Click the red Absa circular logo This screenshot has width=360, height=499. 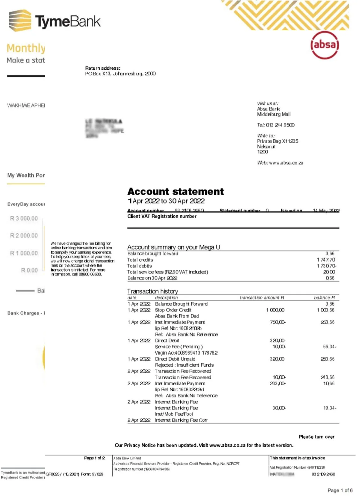(x=324, y=45)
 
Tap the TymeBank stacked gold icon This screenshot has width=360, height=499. (x=20, y=21)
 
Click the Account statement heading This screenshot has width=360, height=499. (x=176, y=191)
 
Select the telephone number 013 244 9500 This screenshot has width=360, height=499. (x=280, y=125)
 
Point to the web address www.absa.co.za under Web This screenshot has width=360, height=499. (x=286, y=163)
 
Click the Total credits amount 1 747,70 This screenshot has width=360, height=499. (x=326, y=260)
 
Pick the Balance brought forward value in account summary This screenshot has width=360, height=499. (x=330, y=254)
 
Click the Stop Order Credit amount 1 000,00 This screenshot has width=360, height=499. (x=275, y=310)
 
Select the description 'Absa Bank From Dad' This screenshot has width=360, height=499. (x=177, y=316)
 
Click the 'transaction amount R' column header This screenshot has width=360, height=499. (x=262, y=298)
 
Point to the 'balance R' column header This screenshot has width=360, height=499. (x=324, y=298)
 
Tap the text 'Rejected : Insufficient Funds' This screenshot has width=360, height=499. (x=184, y=365)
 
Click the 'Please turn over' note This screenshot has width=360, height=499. (x=317, y=437)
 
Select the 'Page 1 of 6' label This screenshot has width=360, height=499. (x=340, y=490)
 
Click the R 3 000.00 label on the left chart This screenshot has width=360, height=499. (x=24, y=219)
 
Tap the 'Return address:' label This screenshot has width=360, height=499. (x=103, y=68)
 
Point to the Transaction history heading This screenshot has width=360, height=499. (x=153, y=291)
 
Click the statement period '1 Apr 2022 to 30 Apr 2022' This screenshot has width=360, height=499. (x=166, y=201)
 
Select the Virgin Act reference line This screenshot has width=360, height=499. (x=186, y=353)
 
